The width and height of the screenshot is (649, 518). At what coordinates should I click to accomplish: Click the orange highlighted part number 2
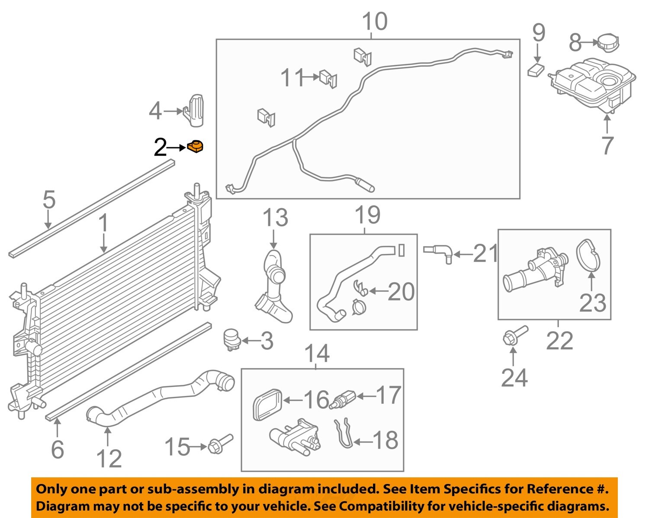tap(196, 147)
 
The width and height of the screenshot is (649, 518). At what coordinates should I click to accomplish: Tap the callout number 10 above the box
tap(374, 21)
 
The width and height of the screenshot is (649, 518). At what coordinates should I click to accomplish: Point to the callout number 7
tap(607, 145)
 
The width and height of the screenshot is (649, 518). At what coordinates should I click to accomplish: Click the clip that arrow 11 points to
tap(328, 79)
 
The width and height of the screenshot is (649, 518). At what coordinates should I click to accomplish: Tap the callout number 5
tap(49, 200)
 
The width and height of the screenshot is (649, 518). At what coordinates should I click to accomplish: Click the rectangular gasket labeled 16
tap(267, 404)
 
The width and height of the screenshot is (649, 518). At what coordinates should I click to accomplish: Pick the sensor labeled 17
tap(342, 399)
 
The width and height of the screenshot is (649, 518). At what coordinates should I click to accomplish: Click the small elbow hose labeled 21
tap(439, 252)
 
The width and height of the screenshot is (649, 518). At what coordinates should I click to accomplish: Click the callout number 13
tap(275, 218)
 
